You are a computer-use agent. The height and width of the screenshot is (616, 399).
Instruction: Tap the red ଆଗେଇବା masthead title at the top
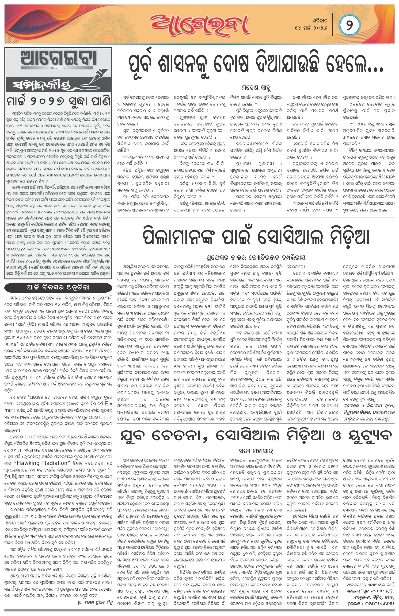coord(199,25)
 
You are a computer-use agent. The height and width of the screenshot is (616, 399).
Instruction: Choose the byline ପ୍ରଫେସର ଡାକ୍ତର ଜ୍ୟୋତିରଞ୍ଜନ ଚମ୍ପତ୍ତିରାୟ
coord(256,257)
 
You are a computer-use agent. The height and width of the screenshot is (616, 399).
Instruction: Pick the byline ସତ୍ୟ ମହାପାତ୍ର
coord(256,451)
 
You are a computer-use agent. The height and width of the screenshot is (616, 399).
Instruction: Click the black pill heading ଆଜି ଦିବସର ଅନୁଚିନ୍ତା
coord(58,287)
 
